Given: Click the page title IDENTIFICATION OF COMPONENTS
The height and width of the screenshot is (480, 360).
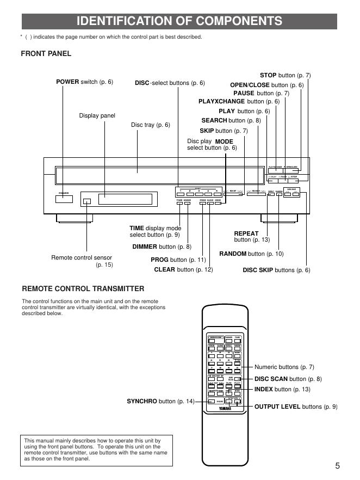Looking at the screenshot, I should point(179,21).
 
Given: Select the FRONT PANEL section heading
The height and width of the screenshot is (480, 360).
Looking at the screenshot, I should point(46,53).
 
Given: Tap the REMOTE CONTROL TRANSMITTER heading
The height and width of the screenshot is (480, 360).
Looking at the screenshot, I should point(83,288).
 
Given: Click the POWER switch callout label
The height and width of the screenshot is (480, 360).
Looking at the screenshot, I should point(84,82).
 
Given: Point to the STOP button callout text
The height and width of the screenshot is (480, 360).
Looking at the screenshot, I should point(285,75).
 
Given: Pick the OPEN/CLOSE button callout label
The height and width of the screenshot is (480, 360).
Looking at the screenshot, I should point(266,85).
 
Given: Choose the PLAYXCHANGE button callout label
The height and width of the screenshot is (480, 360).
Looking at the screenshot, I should point(239,101).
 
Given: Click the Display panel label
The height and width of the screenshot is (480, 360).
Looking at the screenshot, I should point(97,115).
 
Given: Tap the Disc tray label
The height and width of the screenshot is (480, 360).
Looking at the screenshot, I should point(151,125).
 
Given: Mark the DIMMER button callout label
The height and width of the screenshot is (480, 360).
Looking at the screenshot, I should point(162,247).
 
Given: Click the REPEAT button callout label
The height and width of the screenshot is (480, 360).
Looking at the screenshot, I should point(251,237).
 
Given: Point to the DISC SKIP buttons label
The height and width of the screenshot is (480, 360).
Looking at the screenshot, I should point(276,270).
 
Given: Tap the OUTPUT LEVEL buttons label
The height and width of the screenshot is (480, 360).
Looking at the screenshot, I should point(296,406).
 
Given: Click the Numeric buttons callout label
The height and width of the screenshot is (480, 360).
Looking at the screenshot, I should point(284,367).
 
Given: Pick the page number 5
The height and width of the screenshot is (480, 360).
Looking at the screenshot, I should point(337,465).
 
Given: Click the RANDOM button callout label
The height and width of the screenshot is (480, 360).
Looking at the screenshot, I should point(251,254).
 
